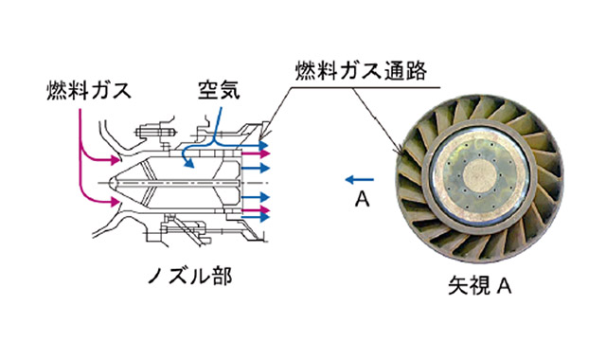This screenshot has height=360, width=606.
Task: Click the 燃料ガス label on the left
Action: tap(89, 91)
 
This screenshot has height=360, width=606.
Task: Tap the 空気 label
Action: tap(219, 90)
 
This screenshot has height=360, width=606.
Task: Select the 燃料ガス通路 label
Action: tap(362, 71)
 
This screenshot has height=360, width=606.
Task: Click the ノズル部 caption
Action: tap(190, 276)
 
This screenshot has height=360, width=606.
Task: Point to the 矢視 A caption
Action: tap(480, 286)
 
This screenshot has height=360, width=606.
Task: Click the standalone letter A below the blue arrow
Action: tap(362, 200)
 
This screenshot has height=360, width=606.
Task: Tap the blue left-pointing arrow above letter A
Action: tap(360, 179)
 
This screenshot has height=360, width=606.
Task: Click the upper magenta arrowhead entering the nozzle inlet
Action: tap(116, 159)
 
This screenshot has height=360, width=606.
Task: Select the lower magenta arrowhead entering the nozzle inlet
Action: tap(116, 202)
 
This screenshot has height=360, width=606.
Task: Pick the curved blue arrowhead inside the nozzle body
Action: tap(189, 164)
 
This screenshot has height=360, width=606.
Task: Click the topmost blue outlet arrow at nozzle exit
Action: tap(256, 145)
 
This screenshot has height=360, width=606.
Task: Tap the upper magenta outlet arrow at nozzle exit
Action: tap(256, 153)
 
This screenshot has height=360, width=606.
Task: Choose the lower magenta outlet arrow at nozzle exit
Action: tap(256, 210)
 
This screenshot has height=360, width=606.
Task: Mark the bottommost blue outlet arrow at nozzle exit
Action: tap(256, 218)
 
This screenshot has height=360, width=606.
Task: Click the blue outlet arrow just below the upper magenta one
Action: tap(256, 169)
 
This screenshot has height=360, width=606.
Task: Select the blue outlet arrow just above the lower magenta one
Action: tap(256, 197)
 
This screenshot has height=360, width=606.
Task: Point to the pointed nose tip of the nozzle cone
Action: tap(109, 183)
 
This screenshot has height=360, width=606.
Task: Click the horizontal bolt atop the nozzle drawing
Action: tap(155, 133)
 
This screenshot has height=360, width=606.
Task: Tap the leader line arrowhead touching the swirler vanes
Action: tap(401, 152)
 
